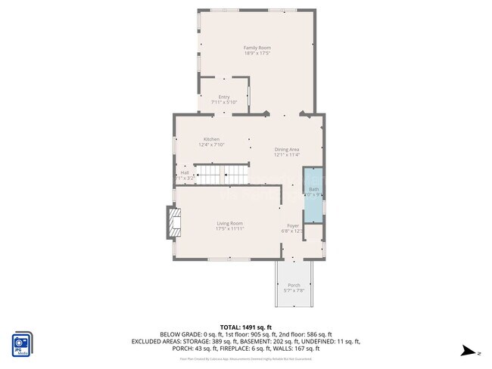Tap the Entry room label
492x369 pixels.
coord(224,97)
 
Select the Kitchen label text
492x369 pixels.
coord(211,139)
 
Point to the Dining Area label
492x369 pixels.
coord(287,149)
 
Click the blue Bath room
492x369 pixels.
coord(313,192)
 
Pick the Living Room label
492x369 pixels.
coord(230,223)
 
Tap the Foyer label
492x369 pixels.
coord(292,225)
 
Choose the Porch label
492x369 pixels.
coord(294,285)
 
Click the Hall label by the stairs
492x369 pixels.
coord(184,172)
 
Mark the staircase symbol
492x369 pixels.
coord(223,175)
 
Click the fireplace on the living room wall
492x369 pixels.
coord(174,223)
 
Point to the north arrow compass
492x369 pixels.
coord(470,351)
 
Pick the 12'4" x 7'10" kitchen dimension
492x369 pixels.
coord(211,144)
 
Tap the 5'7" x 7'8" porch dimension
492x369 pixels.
coord(294,290)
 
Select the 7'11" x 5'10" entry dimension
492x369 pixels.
coord(224,102)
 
